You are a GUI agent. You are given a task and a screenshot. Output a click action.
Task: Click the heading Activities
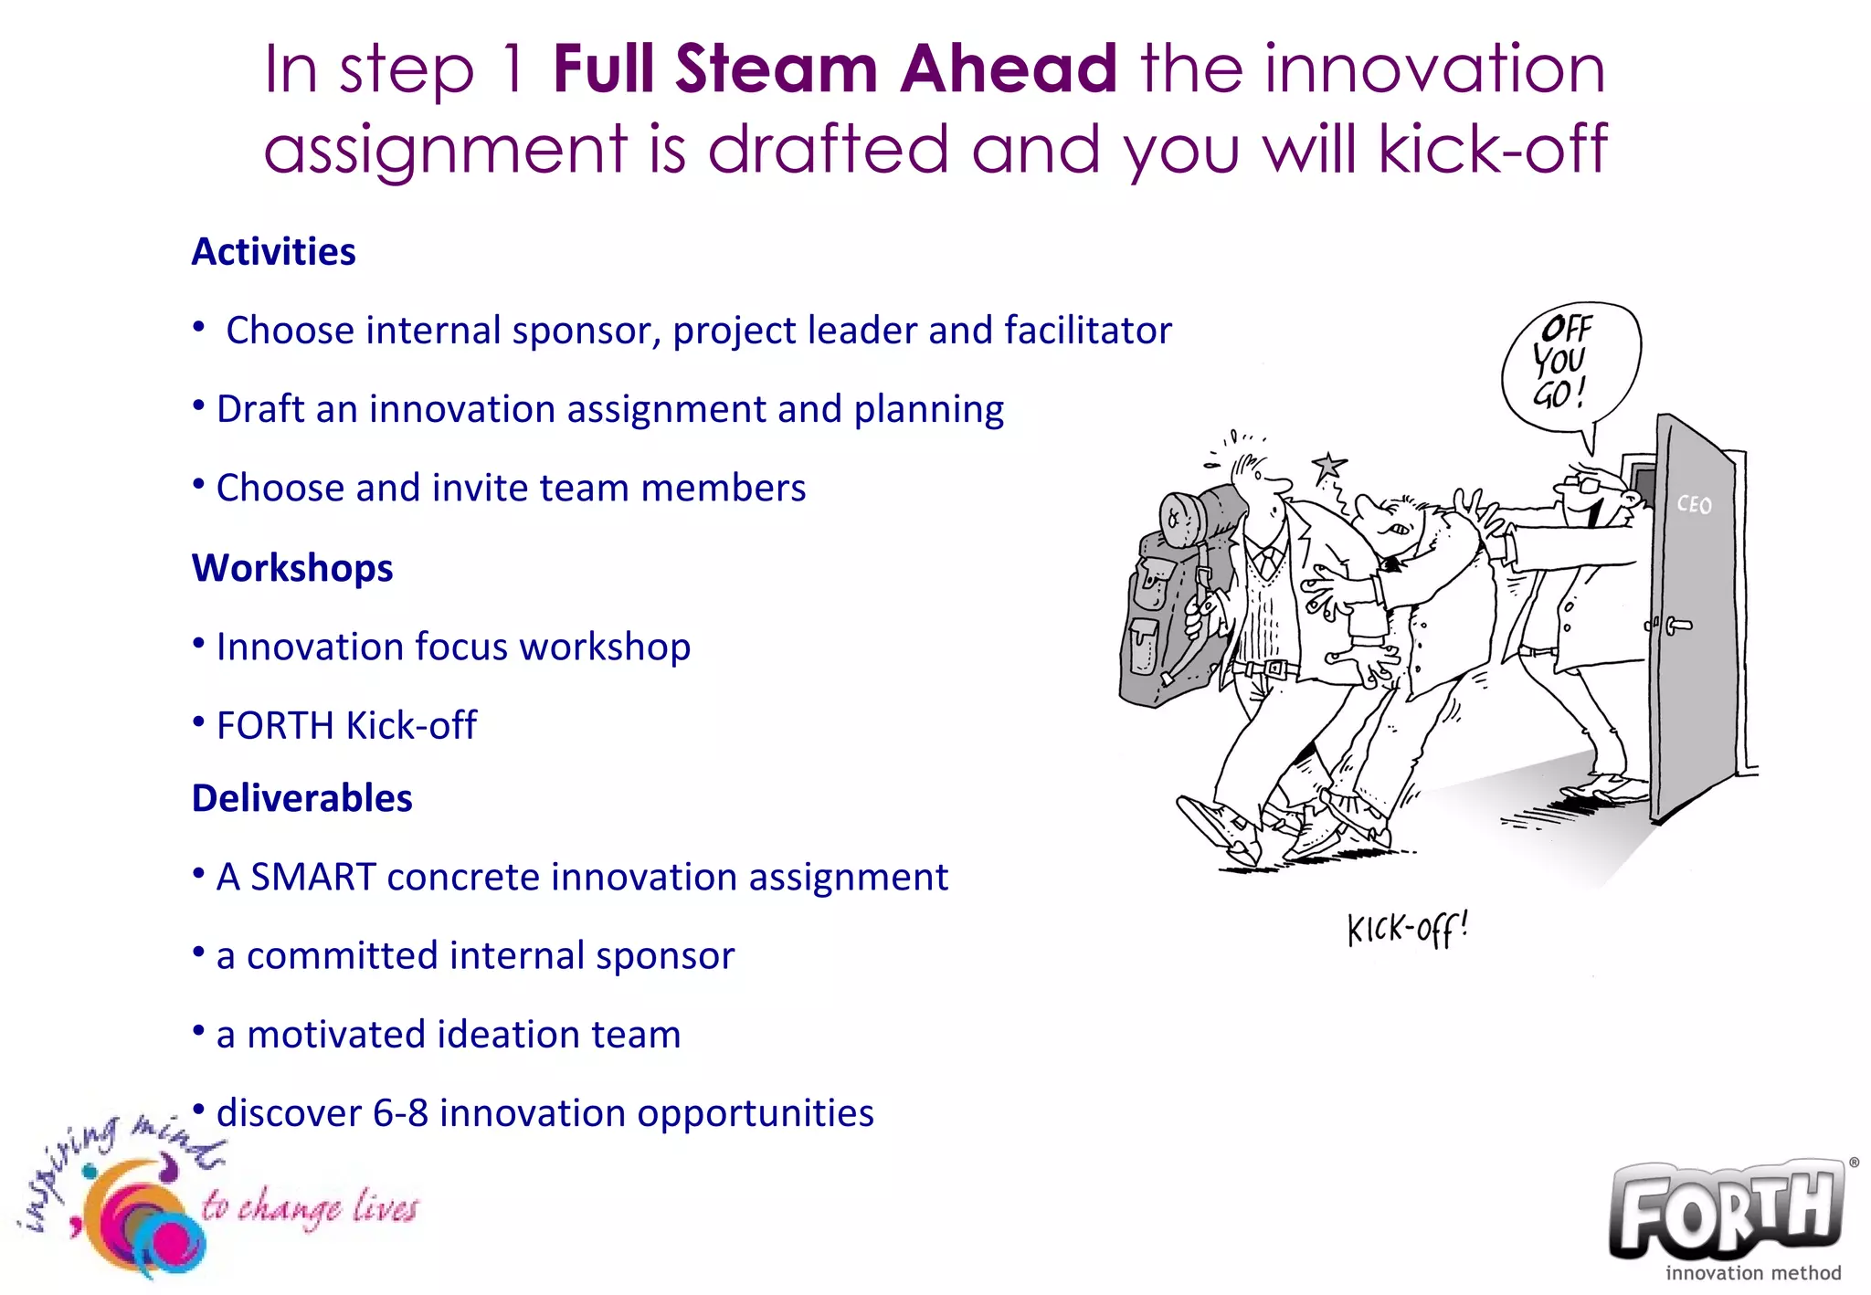273,252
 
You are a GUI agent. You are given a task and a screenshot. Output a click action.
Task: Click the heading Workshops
292,568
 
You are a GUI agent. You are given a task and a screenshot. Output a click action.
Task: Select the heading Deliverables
301,798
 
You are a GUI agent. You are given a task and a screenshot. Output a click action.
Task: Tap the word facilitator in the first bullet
1087,331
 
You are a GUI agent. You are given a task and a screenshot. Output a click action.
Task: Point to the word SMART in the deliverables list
312,878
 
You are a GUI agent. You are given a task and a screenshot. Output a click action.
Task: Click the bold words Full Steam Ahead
834,69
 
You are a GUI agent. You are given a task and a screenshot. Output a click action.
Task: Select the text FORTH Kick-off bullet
346,726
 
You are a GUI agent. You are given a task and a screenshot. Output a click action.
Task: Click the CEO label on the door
1693,505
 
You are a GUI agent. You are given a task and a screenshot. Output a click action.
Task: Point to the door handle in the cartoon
1676,626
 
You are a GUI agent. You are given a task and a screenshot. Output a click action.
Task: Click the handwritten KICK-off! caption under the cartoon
1407,930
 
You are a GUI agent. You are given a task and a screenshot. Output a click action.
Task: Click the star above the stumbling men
1328,467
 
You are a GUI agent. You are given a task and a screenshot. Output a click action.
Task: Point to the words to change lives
309,1207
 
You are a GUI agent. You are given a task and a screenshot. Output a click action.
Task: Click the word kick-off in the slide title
1493,150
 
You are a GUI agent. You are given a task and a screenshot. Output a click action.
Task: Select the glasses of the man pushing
1585,479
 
